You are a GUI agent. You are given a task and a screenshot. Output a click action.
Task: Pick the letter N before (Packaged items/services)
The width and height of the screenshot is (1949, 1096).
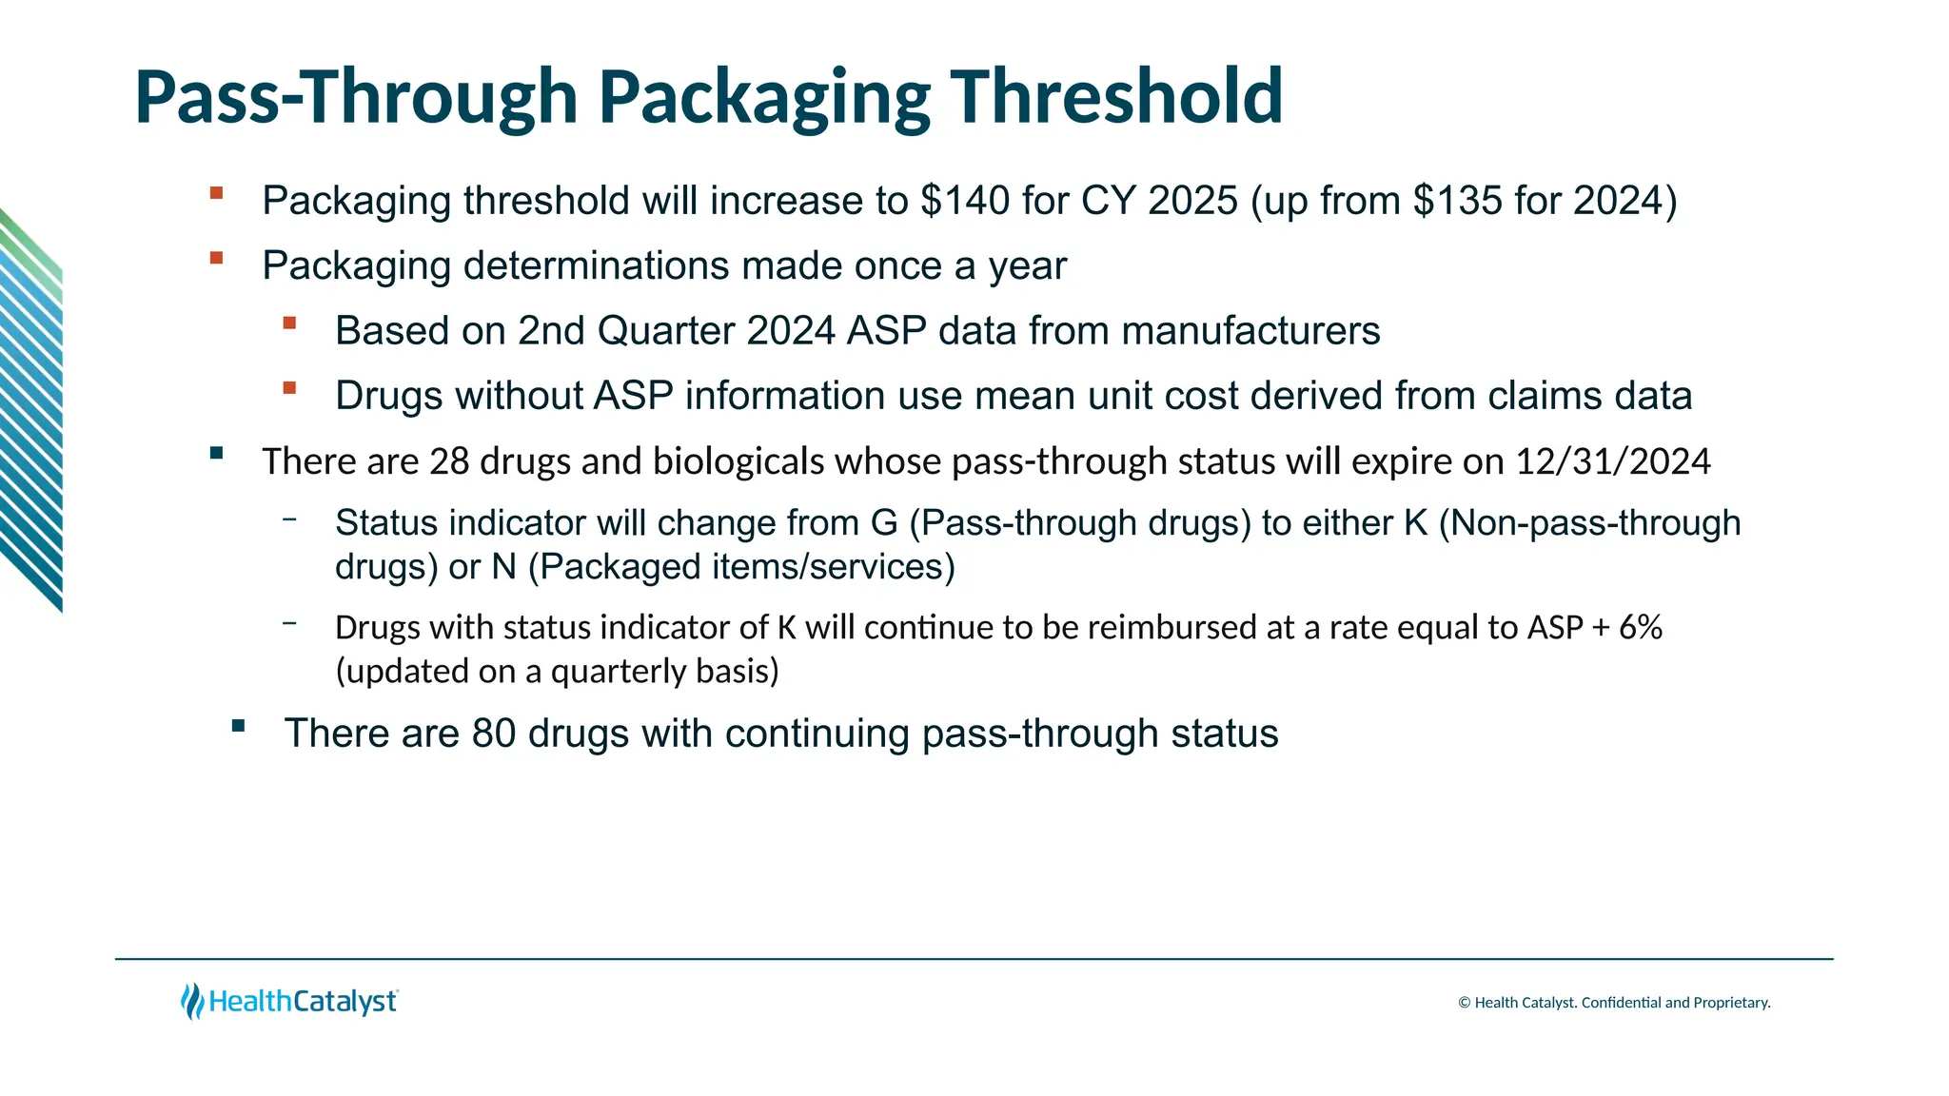click(x=503, y=567)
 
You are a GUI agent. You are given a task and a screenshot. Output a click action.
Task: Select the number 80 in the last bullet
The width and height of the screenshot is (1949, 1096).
click(x=494, y=734)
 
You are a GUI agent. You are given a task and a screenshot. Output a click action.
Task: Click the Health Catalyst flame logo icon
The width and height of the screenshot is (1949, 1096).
click(x=192, y=1001)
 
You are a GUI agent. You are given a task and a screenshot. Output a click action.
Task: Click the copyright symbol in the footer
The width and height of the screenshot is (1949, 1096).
click(x=1465, y=1003)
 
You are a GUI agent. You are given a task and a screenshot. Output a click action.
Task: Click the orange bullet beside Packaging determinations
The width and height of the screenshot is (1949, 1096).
click(x=217, y=258)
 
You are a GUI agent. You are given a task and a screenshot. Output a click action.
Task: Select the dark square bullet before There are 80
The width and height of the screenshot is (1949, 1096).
click(x=238, y=726)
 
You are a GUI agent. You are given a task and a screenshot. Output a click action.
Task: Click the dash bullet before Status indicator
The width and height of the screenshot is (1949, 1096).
click(x=289, y=519)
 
